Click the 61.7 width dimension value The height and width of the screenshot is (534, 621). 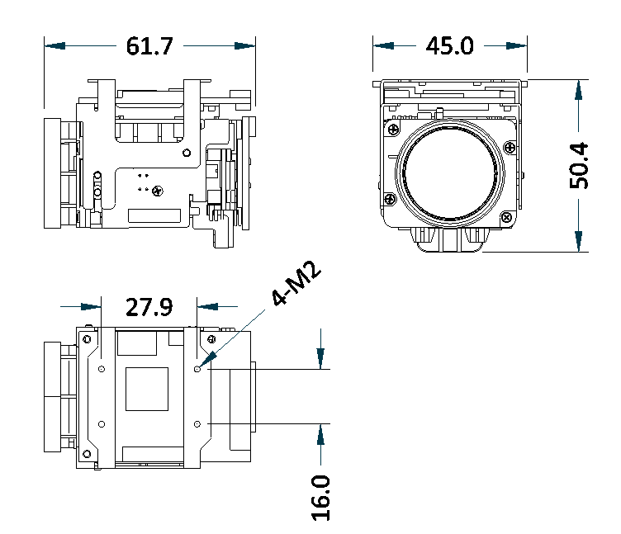point(149,46)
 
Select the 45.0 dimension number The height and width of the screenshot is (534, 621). point(449,45)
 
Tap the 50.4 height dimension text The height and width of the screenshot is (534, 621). point(579,165)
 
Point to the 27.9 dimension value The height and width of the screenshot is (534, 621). point(149,307)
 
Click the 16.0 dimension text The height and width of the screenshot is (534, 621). point(320,498)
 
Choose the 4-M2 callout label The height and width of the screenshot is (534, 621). point(296,282)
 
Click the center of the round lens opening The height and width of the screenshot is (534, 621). point(450,173)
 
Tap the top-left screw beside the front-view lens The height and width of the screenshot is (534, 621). point(393,129)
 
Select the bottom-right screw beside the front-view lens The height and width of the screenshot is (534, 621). point(506,217)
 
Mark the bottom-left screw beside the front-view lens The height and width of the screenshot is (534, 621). point(390,199)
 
